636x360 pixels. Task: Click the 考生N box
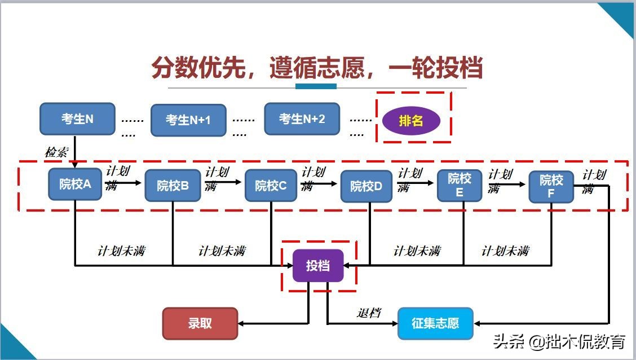click(x=77, y=119)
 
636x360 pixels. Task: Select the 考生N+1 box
click(x=188, y=120)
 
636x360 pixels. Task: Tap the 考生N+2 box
click(x=302, y=119)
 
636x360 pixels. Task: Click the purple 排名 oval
click(x=411, y=120)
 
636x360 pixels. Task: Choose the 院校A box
click(x=75, y=184)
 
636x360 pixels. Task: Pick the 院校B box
click(x=173, y=185)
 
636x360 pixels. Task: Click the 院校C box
click(x=271, y=185)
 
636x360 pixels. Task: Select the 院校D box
click(x=366, y=186)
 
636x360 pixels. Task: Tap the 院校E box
click(x=460, y=185)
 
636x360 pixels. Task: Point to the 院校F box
click(x=551, y=187)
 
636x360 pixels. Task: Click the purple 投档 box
click(x=318, y=266)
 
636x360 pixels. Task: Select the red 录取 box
click(x=200, y=323)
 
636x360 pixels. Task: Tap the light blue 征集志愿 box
click(x=435, y=323)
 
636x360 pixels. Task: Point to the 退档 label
click(x=369, y=313)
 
